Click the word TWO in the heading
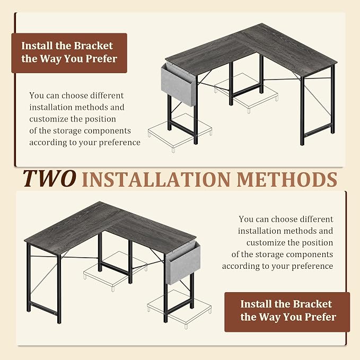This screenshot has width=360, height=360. click(49, 178)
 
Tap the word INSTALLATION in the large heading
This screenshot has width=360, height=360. click(156, 179)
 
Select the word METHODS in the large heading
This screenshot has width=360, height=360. click(287, 179)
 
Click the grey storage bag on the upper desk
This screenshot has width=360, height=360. click(178, 84)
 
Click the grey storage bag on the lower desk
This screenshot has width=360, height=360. click(183, 265)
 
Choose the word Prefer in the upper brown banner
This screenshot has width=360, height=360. click(101, 58)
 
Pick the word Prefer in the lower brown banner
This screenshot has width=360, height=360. click(320, 317)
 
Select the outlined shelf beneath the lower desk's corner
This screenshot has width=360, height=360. click(116, 271)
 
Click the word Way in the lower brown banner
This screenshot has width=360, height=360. click(267, 317)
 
